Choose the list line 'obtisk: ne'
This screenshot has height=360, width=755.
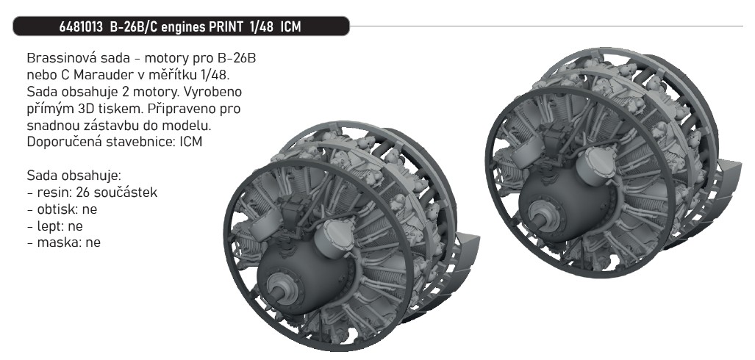tap(62, 209)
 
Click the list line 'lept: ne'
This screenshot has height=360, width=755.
tap(56, 226)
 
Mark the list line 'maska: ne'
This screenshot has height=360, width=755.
tap(63, 242)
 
